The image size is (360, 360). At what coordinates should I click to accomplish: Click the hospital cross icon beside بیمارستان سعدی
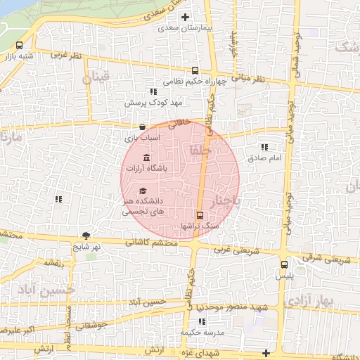(x=186, y=17)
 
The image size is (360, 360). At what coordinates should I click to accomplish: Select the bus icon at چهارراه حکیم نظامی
(x=195, y=70)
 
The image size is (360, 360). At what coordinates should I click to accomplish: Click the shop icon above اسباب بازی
(x=143, y=127)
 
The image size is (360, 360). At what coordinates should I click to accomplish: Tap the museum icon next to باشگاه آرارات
(x=146, y=157)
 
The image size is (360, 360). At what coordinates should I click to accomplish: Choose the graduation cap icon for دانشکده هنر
(x=143, y=191)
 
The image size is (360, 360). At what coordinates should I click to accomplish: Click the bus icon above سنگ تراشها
(x=200, y=215)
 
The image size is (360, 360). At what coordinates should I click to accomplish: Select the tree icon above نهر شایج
(x=86, y=236)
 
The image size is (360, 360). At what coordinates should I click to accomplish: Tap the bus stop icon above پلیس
(x=284, y=265)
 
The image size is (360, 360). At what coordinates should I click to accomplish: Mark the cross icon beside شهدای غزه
(x=265, y=352)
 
